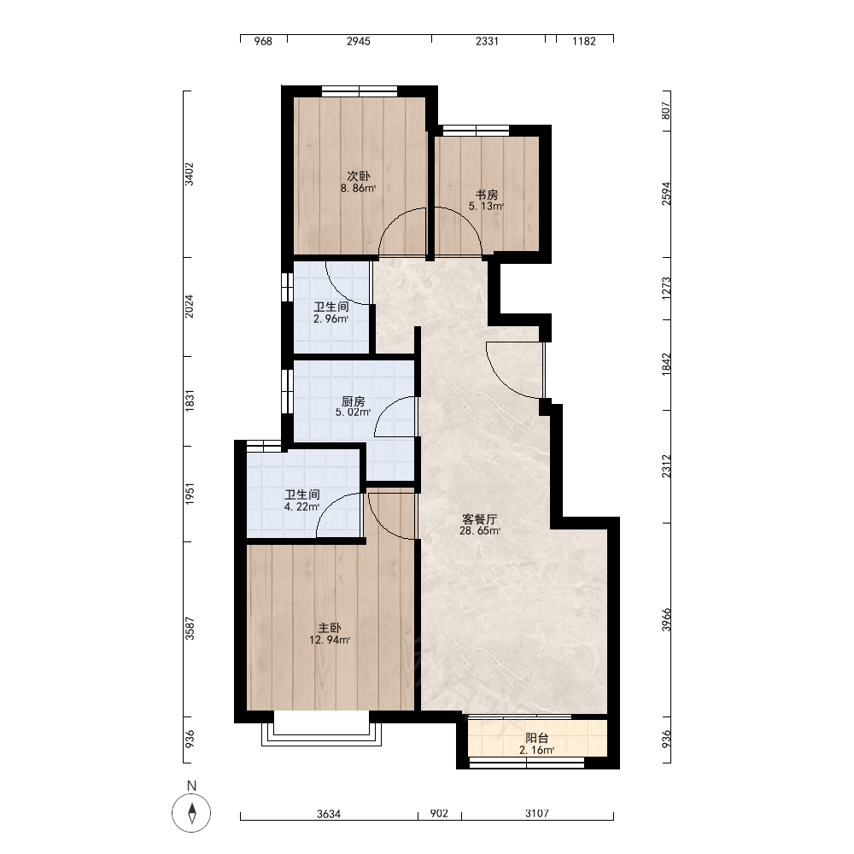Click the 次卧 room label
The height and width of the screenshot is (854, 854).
359,177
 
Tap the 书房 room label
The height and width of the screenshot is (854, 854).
487,195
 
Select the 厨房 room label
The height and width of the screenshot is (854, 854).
353,402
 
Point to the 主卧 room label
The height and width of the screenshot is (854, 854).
330,629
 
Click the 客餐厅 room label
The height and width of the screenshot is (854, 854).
479,519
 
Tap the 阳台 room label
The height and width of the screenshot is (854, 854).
537,739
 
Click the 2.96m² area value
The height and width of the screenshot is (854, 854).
331,319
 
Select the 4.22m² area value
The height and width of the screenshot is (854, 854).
301,507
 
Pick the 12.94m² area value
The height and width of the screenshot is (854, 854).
330,640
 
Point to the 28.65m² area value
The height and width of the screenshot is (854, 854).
480,530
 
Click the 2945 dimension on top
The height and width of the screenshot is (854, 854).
359,41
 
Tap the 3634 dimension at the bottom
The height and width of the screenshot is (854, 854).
329,814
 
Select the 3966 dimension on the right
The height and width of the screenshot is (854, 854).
667,620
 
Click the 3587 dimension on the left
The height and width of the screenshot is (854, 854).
190,629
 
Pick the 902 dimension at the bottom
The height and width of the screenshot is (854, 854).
439,814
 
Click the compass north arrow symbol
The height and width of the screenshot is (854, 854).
191,813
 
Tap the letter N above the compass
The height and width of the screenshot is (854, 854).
191,786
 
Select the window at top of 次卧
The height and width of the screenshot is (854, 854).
360,91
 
